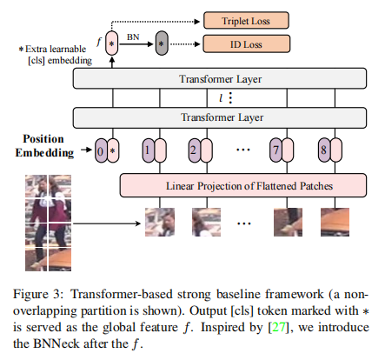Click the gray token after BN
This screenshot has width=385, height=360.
(162, 41)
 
